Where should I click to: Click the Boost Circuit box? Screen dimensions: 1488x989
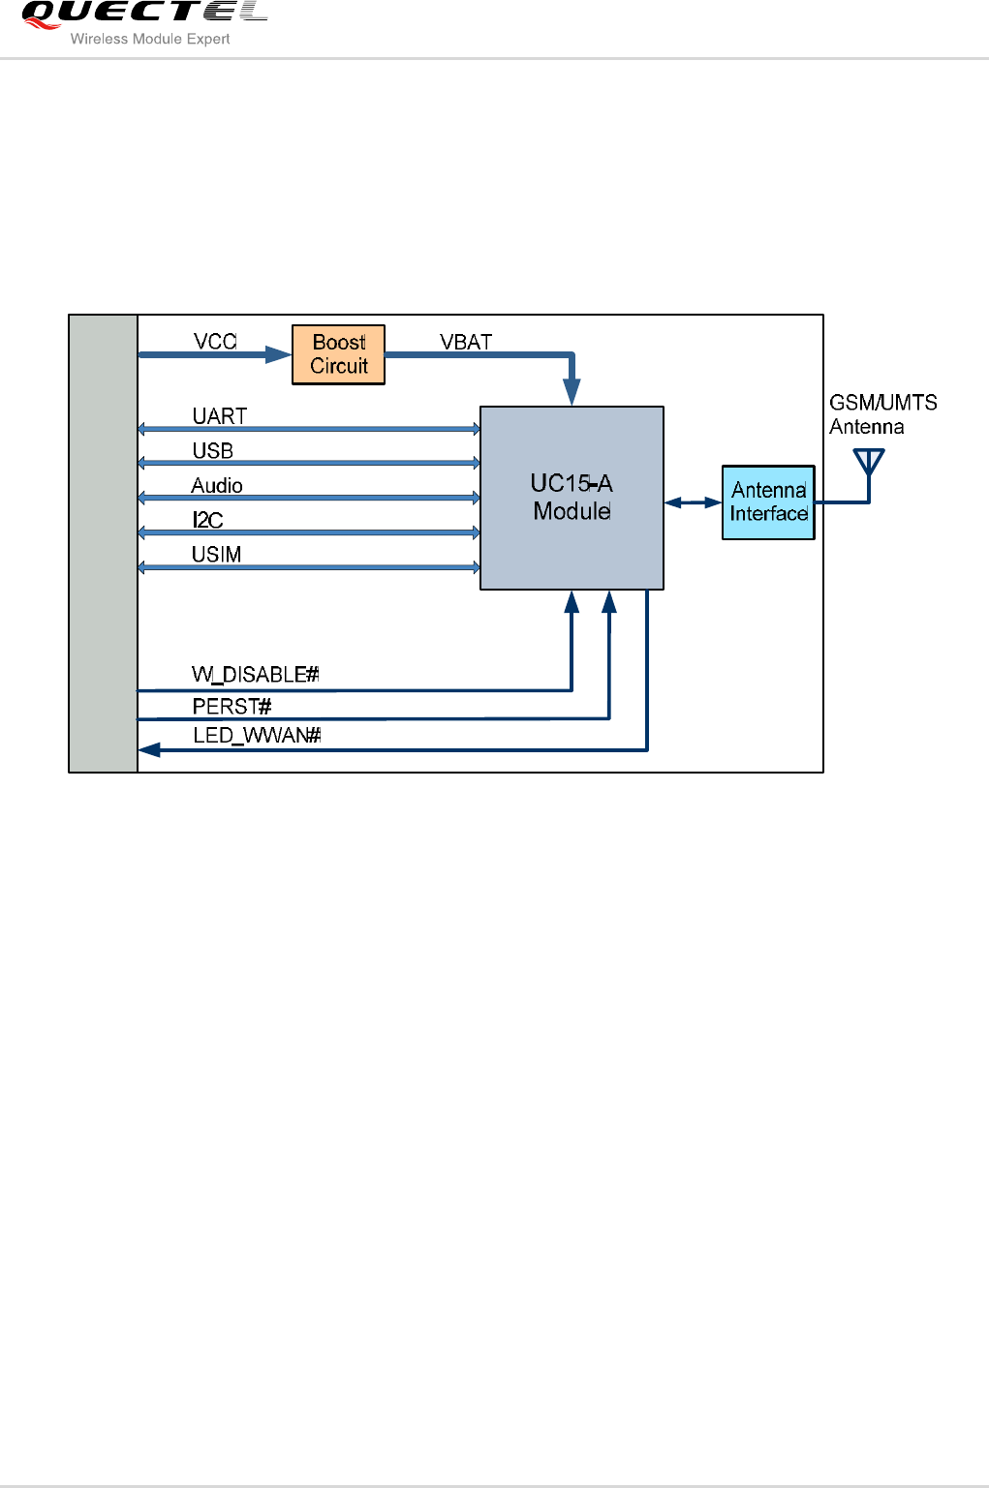[x=338, y=354]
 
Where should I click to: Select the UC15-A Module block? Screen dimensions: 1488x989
[x=572, y=498]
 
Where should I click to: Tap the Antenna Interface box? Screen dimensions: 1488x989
[x=768, y=501]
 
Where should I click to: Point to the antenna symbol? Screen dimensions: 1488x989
[x=869, y=464]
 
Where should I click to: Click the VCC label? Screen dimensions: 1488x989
[x=215, y=342]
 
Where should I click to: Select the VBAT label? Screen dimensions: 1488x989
[x=466, y=342]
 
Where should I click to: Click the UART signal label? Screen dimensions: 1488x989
[x=220, y=416]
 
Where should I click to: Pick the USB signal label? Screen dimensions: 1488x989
[x=213, y=451]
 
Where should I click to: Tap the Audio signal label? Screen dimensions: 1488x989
[x=217, y=486]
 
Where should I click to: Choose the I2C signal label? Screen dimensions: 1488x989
[x=208, y=520]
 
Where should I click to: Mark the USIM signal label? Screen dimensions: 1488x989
[x=217, y=555]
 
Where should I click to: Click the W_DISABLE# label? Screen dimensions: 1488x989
[x=256, y=675]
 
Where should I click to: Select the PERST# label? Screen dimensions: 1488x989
[x=232, y=706]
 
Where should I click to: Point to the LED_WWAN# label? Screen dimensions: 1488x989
[x=257, y=736]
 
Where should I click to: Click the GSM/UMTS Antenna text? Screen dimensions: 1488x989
[x=882, y=414]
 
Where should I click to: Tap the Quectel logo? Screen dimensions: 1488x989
[x=144, y=14]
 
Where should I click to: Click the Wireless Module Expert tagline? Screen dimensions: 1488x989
[x=150, y=40]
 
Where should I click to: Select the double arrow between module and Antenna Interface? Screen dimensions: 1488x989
[x=693, y=502]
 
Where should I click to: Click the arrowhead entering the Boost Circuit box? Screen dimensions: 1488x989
[x=279, y=355]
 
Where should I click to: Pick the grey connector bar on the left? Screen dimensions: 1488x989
[x=103, y=543]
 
